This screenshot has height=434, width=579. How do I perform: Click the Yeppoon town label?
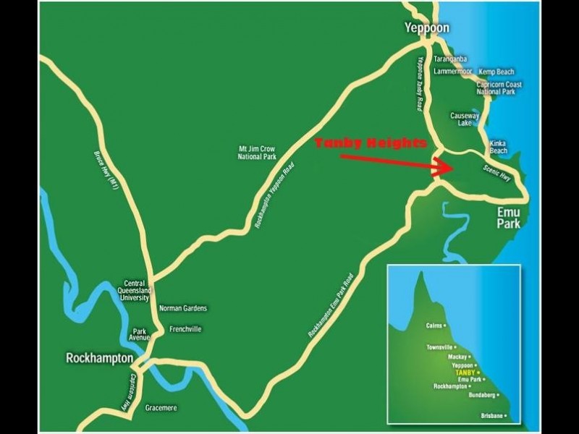[x=427, y=28]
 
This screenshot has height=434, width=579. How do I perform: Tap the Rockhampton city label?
[x=99, y=358]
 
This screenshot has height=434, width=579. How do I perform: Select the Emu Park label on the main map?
[x=509, y=219]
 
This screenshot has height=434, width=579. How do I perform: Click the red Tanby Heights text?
[x=371, y=144]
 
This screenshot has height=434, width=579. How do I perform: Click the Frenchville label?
[x=185, y=329]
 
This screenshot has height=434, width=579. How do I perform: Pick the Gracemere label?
[x=161, y=408]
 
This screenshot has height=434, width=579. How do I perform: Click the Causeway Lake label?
[x=465, y=119]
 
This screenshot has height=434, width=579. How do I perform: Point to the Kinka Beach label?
[x=499, y=147]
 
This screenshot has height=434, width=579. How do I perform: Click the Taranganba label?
[x=450, y=59]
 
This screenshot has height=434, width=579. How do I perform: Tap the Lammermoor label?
[x=453, y=72]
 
